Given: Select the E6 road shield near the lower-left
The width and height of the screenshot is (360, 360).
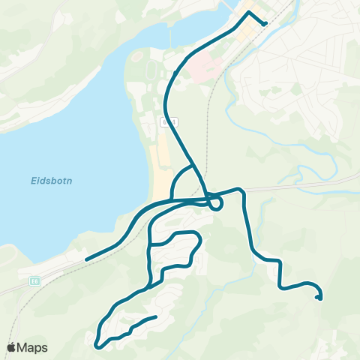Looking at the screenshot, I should pos(34,280).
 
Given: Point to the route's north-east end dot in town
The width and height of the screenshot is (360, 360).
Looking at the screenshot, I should pos(265,23).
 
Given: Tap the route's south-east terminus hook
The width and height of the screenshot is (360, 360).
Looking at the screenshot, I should pos(319,298).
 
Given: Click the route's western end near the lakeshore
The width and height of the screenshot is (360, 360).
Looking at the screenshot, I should pos(87,259).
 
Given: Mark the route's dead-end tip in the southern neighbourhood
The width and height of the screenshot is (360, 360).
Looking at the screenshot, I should pos(155,317).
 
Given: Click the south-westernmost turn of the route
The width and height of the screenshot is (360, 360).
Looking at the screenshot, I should pos(98,346).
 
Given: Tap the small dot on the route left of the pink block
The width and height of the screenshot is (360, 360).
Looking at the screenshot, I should pos(175,73).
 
